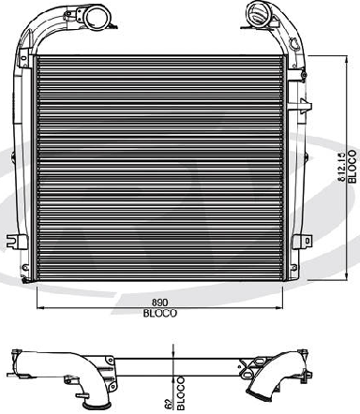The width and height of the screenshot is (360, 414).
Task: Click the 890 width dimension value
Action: [x=159, y=303]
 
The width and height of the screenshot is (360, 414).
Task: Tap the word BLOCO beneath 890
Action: [x=160, y=313]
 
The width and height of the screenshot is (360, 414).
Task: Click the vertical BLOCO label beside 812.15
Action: [x=352, y=167]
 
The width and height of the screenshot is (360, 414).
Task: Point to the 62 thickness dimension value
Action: [x=169, y=403]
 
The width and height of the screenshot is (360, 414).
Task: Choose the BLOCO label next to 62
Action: [x=181, y=392]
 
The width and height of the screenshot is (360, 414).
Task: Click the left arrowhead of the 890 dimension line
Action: [x=40, y=307]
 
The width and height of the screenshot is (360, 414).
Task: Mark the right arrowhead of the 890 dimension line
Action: [x=279, y=307]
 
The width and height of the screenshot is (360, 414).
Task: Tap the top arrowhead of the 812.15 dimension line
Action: [x=346, y=59]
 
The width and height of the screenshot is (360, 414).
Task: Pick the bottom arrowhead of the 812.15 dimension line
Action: [x=346, y=276]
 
